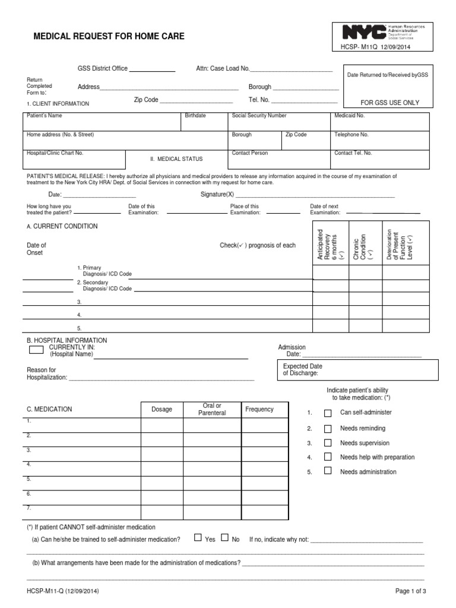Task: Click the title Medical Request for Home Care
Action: [108, 37]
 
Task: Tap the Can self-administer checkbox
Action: [327, 413]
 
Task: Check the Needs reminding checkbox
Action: [327, 428]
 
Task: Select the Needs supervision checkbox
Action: [327, 443]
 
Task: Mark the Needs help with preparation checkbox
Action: [327, 457]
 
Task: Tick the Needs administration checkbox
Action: [327, 471]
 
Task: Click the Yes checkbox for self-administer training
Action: [198, 538]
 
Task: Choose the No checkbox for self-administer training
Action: [224, 538]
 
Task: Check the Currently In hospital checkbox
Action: [36, 350]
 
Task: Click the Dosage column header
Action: [161, 410]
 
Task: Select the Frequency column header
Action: [259, 409]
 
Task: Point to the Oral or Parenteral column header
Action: [212, 409]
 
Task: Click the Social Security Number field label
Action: [259, 116]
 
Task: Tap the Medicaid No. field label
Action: [350, 116]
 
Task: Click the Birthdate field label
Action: [195, 116]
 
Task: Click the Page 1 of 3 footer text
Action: [411, 591]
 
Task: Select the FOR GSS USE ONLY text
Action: [390, 103]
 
